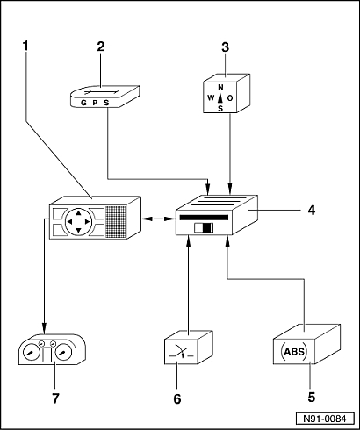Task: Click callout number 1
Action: click(25, 46)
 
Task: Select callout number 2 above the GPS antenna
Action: click(101, 47)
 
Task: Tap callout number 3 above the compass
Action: click(225, 47)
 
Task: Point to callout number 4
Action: click(312, 210)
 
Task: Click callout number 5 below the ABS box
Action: click(312, 397)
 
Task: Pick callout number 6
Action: click(177, 398)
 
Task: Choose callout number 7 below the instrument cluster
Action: click(55, 398)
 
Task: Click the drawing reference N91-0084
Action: click(324, 419)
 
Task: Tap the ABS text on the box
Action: click(294, 351)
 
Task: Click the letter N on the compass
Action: click(220, 87)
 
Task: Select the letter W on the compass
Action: click(211, 97)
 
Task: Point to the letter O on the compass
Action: click(230, 98)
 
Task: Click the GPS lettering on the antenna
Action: click(95, 103)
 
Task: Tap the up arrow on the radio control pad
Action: click(78, 213)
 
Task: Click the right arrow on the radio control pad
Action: click(87, 222)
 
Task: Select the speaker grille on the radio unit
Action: click(116, 221)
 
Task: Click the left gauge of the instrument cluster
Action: click(31, 352)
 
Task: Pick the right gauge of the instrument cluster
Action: click(63, 352)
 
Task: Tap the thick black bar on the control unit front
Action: click(204, 218)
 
